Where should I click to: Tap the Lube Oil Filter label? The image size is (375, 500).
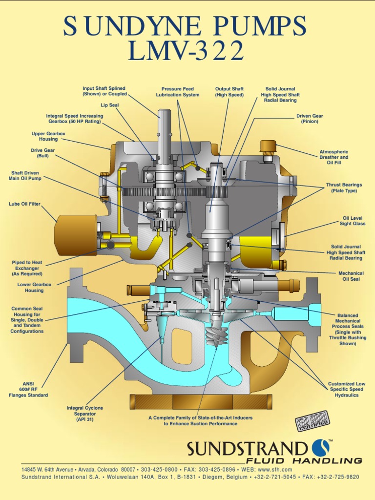[x=24, y=204]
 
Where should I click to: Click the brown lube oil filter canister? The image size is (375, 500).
[x=76, y=235]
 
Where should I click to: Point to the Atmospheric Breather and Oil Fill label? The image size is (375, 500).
[x=334, y=158]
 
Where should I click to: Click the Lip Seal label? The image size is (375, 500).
[x=110, y=105]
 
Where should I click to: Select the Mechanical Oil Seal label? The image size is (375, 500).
[x=351, y=276]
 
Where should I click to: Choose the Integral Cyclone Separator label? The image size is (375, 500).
[x=85, y=414]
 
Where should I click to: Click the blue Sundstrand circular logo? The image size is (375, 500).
[x=320, y=448]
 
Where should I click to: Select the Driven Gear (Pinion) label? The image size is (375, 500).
[x=310, y=119]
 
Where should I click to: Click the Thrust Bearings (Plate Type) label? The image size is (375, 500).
[x=344, y=188]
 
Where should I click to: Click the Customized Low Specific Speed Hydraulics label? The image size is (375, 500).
[x=347, y=390]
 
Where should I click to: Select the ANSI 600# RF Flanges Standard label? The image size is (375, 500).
[x=28, y=390]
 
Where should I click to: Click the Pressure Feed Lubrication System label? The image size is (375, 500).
[x=178, y=92]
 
